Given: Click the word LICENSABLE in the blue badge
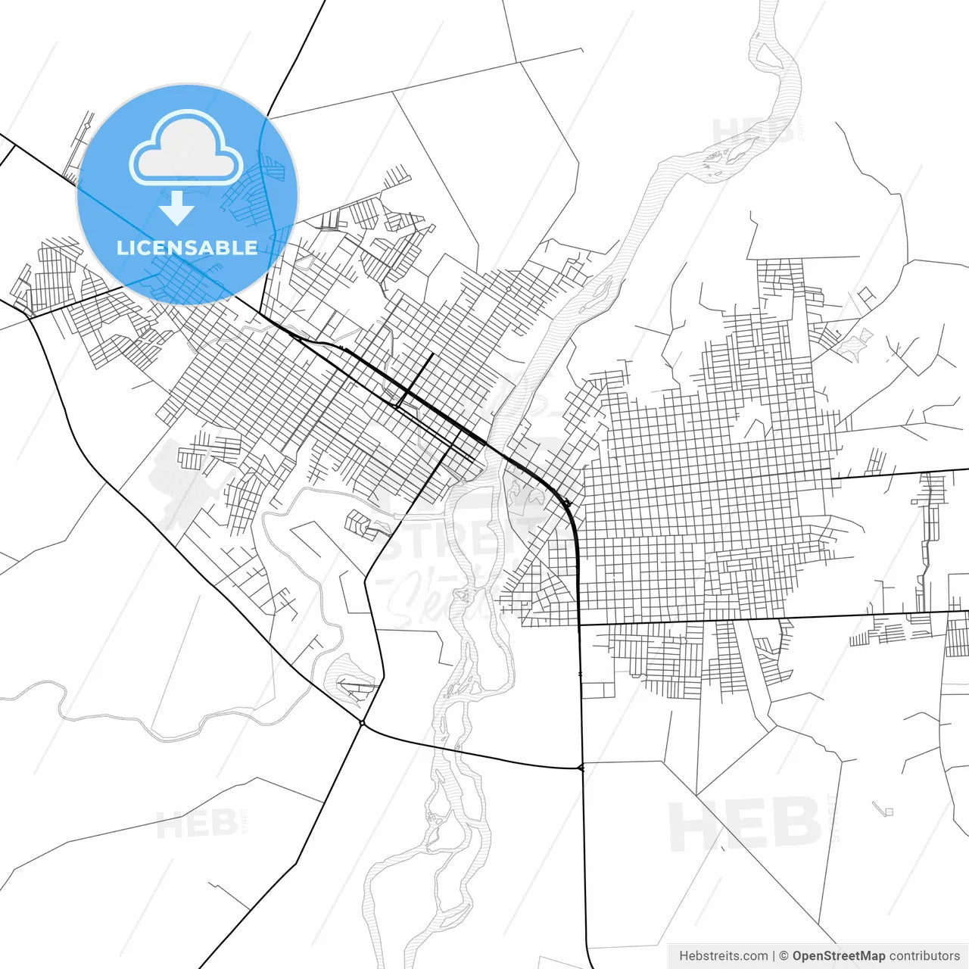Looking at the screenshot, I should pyautogui.click(x=187, y=248).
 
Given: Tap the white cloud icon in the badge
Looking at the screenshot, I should pyautogui.click(x=186, y=149).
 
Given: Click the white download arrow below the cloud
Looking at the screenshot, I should pyautogui.click(x=176, y=208).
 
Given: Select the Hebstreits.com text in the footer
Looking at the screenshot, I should pyautogui.click(x=723, y=956).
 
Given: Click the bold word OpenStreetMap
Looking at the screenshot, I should pyautogui.click(x=838, y=956).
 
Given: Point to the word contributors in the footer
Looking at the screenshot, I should pyautogui.click(x=924, y=956).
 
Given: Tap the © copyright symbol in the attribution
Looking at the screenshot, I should pyautogui.click(x=784, y=956).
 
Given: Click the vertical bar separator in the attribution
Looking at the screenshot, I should pyautogui.click(x=774, y=956).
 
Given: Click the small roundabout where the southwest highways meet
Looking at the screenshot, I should pyautogui.click(x=363, y=724).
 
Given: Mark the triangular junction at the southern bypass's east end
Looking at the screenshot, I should pyautogui.click(x=581, y=768).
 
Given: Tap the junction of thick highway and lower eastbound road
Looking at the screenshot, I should pyautogui.click(x=579, y=625).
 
